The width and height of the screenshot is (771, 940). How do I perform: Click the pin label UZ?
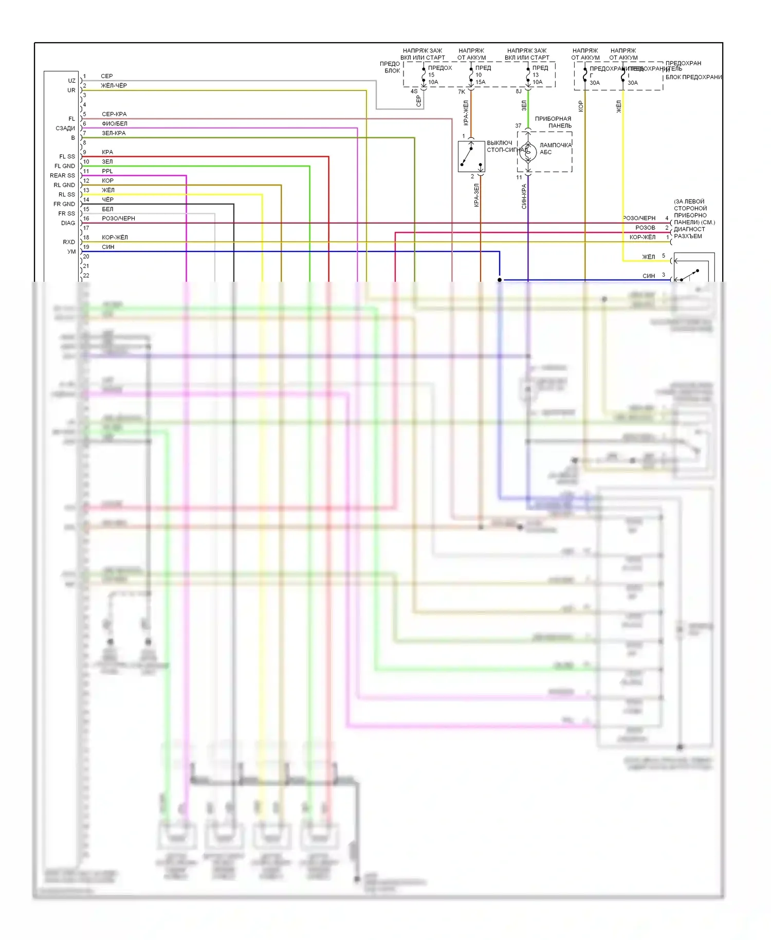tap(71, 81)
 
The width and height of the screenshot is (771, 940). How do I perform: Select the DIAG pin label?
tap(68, 223)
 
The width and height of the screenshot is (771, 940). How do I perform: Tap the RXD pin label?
tap(69, 242)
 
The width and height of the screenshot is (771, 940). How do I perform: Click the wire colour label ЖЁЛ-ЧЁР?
tap(114, 86)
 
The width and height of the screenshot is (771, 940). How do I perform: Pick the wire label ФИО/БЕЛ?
tap(114, 124)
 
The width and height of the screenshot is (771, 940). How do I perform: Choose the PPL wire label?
tap(107, 171)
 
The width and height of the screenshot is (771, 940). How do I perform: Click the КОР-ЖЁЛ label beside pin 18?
tap(115, 238)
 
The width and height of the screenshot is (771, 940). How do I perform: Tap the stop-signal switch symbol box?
tap(471, 156)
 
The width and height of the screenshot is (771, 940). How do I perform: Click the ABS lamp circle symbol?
tap(528, 152)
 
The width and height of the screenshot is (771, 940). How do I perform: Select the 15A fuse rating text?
tap(480, 82)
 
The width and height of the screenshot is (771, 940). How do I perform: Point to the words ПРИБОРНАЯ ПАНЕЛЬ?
tap(553, 122)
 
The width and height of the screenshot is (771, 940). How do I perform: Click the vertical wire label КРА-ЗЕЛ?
tap(476, 195)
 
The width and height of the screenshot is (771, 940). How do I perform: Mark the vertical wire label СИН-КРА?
tap(524, 196)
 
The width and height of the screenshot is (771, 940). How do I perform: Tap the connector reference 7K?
tap(462, 92)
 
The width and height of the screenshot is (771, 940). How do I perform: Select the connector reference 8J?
tap(519, 92)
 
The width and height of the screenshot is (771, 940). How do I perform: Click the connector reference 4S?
tap(414, 92)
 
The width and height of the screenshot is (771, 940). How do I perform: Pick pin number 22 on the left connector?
tap(86, 276)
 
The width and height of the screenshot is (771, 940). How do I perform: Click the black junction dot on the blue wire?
tap(500, 280)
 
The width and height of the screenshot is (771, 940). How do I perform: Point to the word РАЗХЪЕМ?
tap(688, 237)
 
